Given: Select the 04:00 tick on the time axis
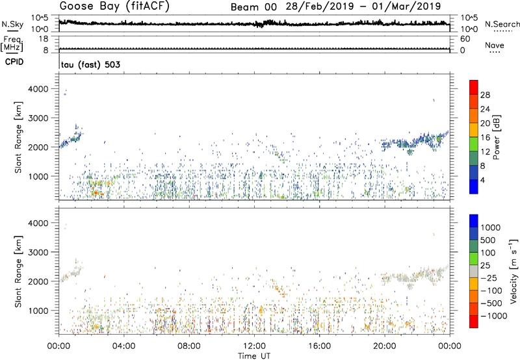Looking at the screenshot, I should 123,345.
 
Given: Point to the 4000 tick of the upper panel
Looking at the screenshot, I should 42,88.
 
